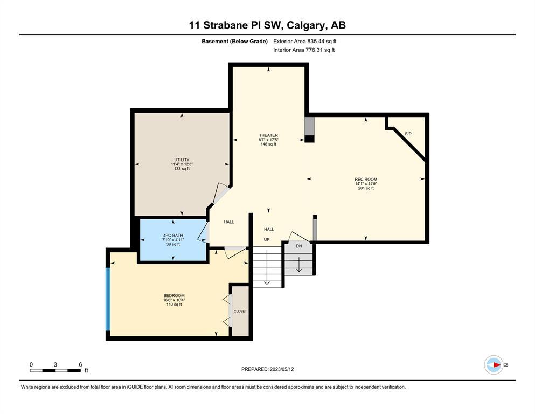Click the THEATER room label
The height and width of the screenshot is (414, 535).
[268, 135]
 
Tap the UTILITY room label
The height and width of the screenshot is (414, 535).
[182, 160]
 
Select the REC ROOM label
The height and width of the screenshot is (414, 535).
[366, 179]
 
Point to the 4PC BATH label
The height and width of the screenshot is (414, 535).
[173, 236]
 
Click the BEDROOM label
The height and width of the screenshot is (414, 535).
[174, 295]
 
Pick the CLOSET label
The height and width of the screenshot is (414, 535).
[240, 311]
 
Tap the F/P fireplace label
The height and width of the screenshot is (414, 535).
[408, 134]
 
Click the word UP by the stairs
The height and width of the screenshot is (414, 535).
[267, 239]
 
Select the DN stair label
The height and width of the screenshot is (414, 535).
[299, 246]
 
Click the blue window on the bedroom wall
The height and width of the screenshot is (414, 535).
[108, 299]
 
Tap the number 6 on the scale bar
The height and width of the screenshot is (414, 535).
[80, 364]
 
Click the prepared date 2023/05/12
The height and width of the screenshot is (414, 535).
[282, 369]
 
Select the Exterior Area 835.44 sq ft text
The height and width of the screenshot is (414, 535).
[305, 42]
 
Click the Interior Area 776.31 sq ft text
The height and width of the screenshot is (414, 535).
[304, 50]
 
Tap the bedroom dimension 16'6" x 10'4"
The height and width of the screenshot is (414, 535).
[174, 300]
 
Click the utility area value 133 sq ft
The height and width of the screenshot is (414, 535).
[182, 169]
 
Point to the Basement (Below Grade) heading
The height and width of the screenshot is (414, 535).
[235, 42]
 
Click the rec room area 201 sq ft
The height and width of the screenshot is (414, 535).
[366, 188]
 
